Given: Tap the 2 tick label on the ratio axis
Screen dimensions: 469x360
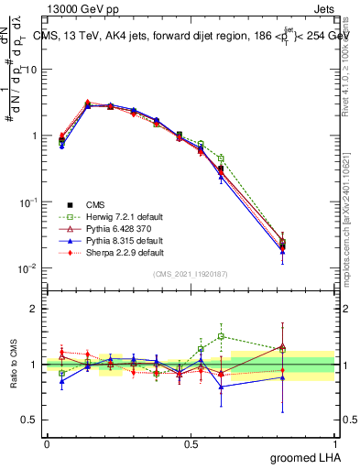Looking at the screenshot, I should coord(35,309).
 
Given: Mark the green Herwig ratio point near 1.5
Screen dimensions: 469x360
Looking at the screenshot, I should coord(222,336).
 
